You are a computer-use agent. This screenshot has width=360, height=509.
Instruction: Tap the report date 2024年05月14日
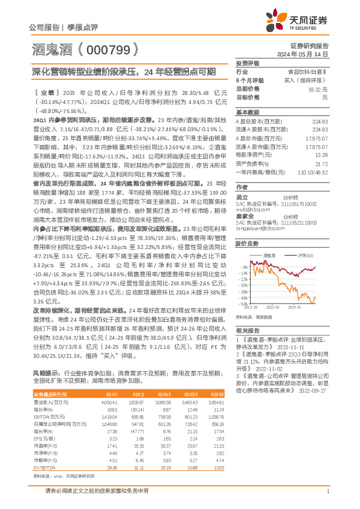(307, 53)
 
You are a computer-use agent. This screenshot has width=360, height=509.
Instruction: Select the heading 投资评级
(247, 63)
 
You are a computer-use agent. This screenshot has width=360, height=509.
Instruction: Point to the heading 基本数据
(247, 112)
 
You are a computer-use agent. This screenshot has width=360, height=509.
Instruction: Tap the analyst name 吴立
(241, 198)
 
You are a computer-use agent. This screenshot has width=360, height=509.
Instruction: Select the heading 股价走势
(247, 243)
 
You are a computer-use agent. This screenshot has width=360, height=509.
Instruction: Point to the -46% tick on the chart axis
(242, 297)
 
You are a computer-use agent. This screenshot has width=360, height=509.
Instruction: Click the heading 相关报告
(247, 331)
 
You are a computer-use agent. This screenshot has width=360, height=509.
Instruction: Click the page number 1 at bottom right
(327, 491)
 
